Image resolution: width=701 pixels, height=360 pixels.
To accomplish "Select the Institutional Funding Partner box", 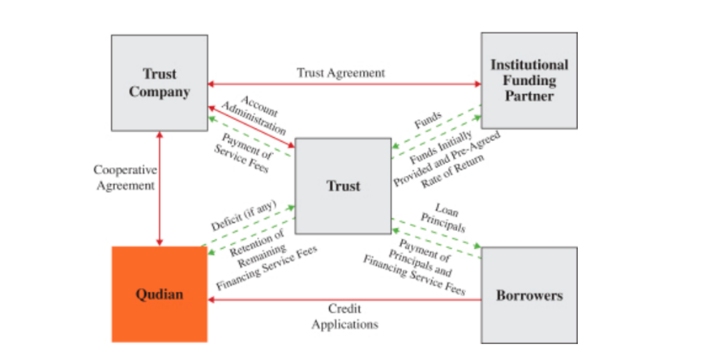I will (x=528, y=81).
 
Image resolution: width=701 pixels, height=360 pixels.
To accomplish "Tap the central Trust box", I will (x=343, y=186).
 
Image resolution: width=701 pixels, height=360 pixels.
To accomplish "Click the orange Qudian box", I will (x=159, y=294).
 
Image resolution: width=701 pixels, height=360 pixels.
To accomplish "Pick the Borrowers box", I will (x=528, y=295).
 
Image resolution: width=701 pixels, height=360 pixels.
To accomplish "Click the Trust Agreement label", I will (x=340, y=72).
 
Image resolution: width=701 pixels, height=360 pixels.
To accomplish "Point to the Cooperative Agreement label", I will (x=124, y=178).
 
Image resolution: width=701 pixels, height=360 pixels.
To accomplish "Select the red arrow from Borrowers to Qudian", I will (x=340, y=300).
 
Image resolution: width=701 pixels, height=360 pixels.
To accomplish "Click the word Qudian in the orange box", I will (x=159, y=294).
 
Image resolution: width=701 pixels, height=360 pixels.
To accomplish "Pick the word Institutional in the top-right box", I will (x=529, y=65).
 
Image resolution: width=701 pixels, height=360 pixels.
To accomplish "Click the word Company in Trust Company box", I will (x=159, y=92).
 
